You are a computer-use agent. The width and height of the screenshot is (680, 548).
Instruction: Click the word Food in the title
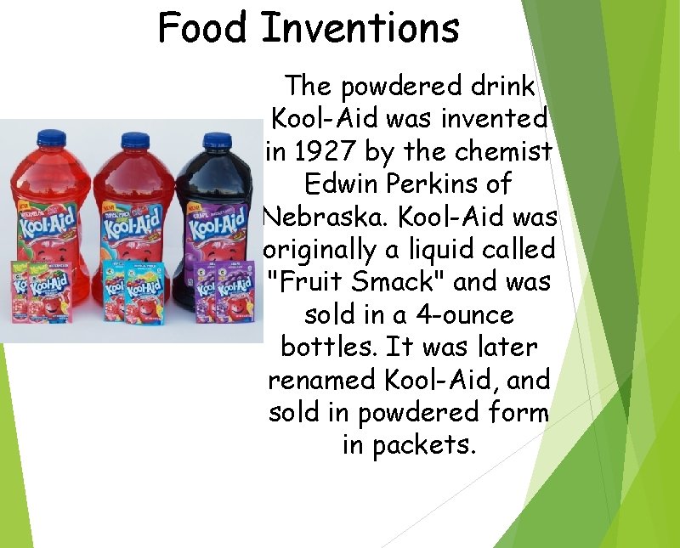[x=204, y=27]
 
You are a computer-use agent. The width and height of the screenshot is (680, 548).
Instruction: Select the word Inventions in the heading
[x=360, y=27]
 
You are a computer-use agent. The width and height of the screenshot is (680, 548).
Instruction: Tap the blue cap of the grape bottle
[x=216, y=141]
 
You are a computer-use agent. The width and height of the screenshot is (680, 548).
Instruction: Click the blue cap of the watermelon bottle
[x=53, y=137]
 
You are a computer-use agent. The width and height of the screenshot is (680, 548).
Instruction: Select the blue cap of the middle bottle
[x=134, y=140]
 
